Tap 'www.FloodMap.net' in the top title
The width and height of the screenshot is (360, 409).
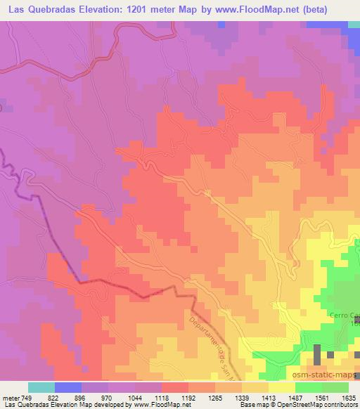253,9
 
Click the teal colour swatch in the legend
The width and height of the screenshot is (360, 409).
41,387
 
